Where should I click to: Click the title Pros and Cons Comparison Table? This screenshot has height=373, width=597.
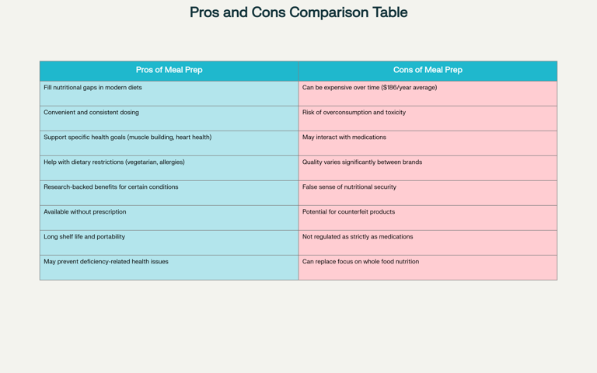(x=298, y=12)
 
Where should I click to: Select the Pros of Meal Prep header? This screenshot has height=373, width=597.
(x=169, y=70)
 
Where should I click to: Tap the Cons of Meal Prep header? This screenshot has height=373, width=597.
(x=428, y=70)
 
